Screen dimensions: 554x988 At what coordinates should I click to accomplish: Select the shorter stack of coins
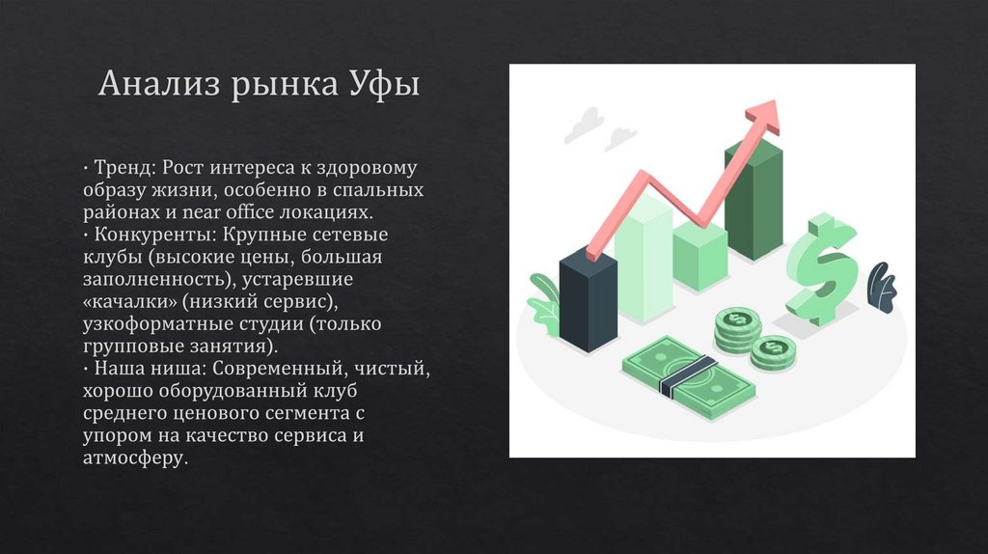click(x=771, y=352)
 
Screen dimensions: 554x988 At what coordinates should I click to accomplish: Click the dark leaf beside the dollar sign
click(x=880, y=285)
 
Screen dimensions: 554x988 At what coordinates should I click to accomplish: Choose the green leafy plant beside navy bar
click(x=545, y=301)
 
